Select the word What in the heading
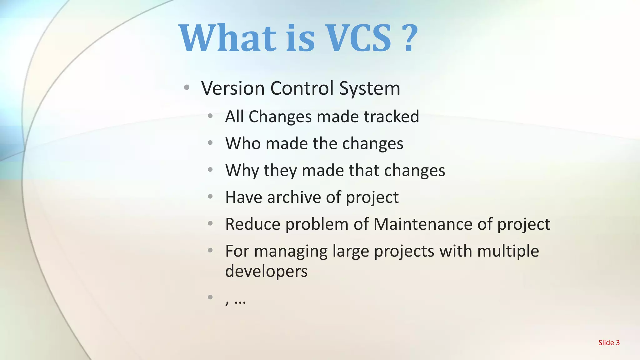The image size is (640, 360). pyautogui.click(x=228, y=38)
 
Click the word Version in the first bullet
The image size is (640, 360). pyautogui.click(x=233, y=88)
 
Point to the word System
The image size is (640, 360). pyautogui.click(x=370, y=89)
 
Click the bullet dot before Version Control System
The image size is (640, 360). pyautogui.click(x=187, y=87)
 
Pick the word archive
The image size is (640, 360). pyautogui.click(x=293, y=197)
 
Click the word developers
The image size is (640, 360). pyautogui.click(x=266, y=271)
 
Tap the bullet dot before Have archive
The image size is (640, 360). pyautogui.click(x=210, y=197)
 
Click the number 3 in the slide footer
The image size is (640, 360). pyautogui.click(x=617, y=343)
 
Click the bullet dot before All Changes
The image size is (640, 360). pyautogui.click(x=210, y=116)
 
